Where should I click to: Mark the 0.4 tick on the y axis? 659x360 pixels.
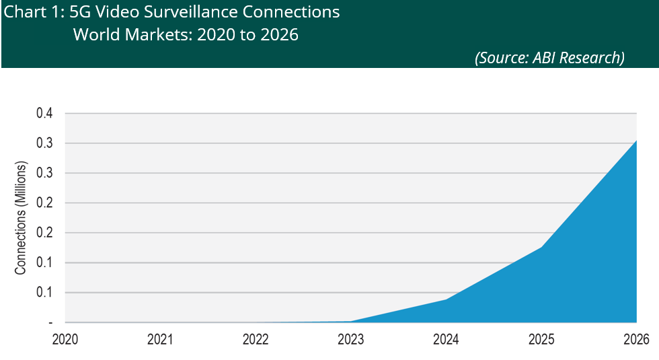click(44, 114)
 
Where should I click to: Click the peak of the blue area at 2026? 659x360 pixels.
click(636, 140)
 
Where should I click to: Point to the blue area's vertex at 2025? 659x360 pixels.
click(541, 247)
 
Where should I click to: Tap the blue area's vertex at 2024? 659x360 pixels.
click(446, 299)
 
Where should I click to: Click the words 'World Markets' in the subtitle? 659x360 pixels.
click(124, 34)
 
